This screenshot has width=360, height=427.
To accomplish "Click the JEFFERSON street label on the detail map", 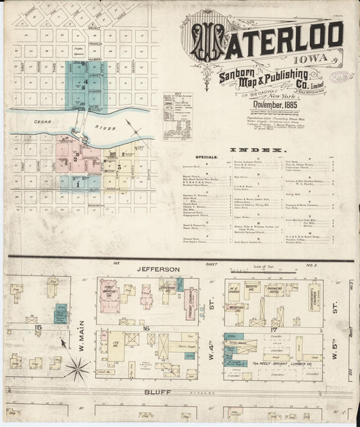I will click(x=160, y=269).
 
